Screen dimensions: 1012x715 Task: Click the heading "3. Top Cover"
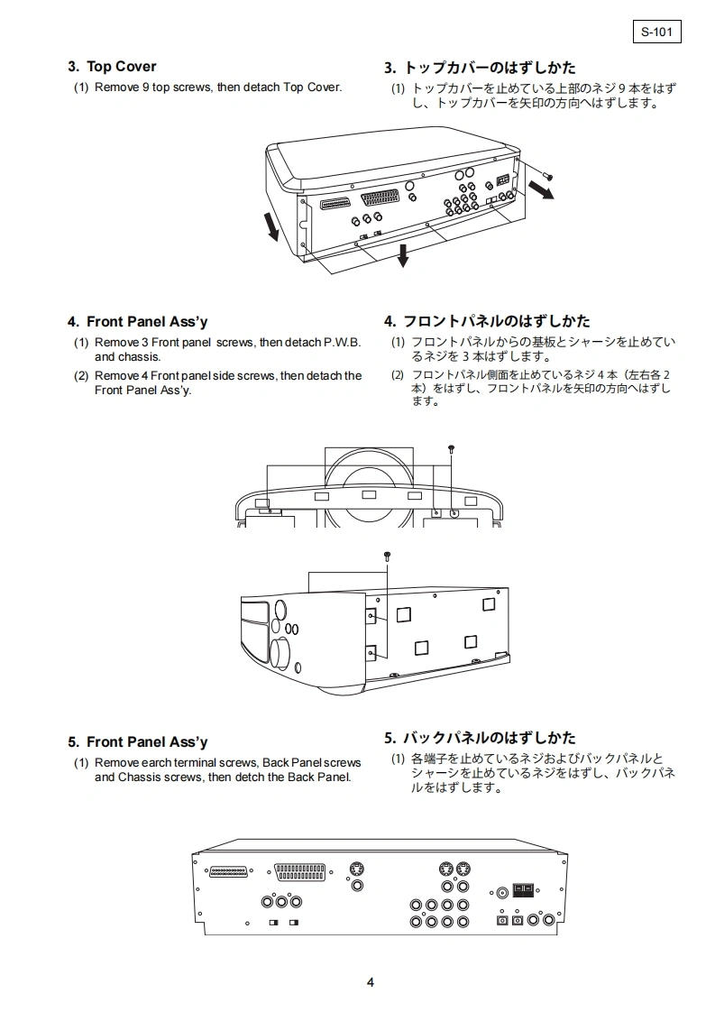112,67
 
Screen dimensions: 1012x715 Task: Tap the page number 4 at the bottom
370,982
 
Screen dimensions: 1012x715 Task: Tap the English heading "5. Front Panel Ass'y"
137,742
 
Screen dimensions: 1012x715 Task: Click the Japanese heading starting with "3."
480,68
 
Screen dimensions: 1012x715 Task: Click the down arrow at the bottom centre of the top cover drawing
403,256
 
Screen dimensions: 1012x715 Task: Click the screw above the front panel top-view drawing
452,448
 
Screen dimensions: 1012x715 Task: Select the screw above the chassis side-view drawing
387,557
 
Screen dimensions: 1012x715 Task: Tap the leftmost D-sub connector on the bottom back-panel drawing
228,872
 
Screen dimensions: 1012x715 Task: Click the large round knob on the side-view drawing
280,650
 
